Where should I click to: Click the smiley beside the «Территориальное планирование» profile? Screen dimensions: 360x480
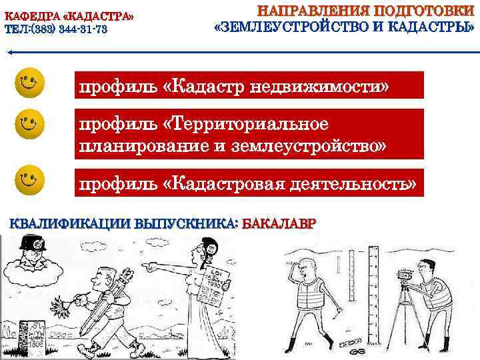tap(29, 124)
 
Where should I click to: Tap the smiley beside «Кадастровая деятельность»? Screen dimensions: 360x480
tap(29, 178)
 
